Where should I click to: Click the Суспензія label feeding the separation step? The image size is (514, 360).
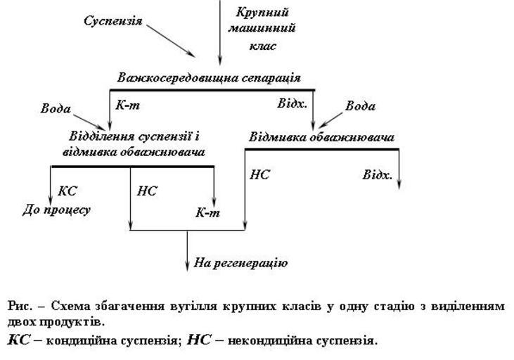point(113,21)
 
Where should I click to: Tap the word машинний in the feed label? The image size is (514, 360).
point(262,29)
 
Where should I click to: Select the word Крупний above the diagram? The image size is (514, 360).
point(262,13)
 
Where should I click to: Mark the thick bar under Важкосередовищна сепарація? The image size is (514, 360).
point(212,90)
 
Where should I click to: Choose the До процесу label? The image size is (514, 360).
point(56,210)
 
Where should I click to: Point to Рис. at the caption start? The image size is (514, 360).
point(19,307)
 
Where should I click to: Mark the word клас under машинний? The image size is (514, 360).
point(262,46)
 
